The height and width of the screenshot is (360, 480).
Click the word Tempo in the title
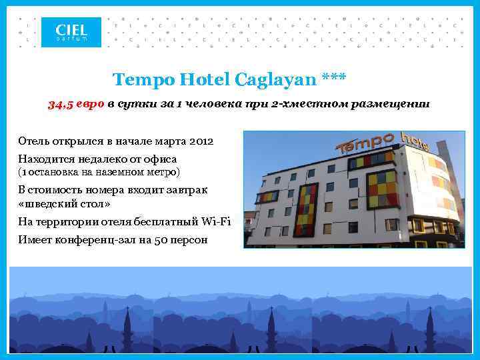pos(138,80)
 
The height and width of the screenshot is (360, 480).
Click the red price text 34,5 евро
pos(76,105)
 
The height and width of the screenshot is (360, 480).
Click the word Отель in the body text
pos(33,141)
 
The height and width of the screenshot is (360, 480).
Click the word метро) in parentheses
pos(162,172)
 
